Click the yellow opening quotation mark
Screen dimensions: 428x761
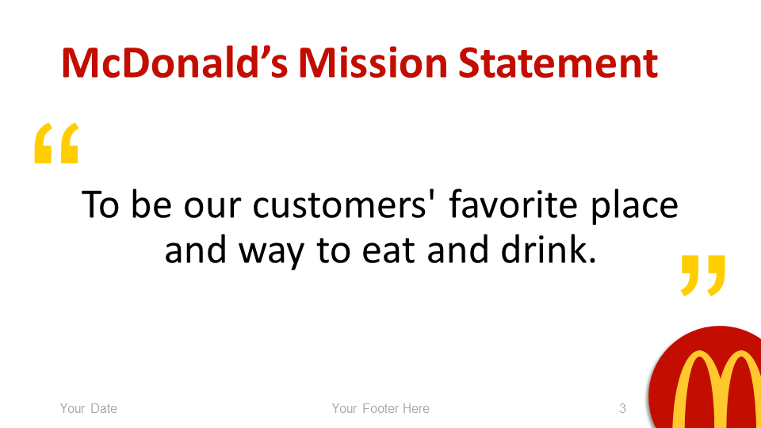point(56,143)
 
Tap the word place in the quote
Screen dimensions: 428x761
point(638,207)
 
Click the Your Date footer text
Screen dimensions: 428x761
point(89,409)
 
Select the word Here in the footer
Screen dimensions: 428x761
point(415,409)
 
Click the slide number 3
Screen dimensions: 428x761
point(623,409)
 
